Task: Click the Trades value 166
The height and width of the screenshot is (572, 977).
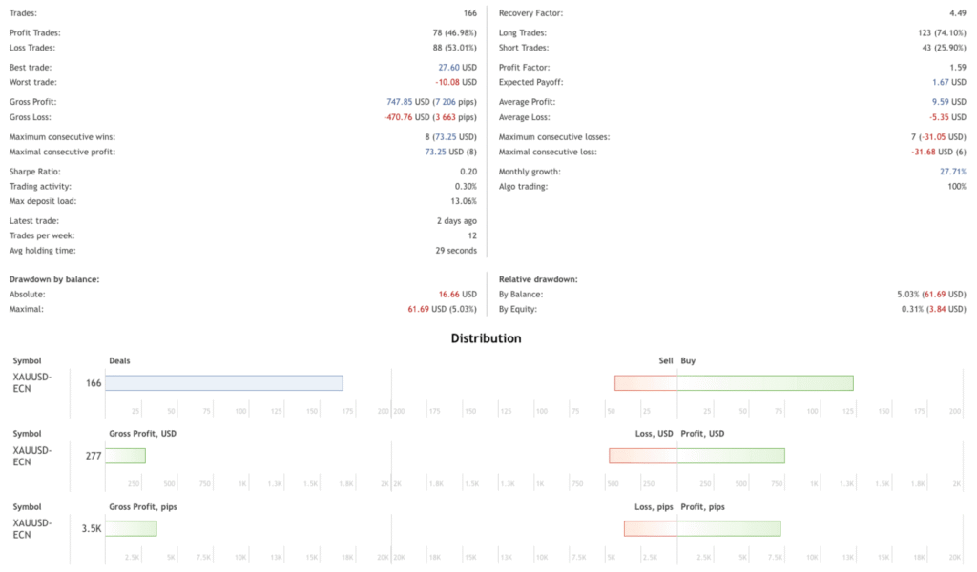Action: click(x=468, y=13)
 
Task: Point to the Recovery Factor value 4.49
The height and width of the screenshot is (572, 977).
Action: click(x=957, y=13)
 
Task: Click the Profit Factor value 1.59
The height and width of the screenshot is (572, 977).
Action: click(x=957, y=68)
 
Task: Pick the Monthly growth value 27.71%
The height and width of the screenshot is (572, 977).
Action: click(x=952, y=172)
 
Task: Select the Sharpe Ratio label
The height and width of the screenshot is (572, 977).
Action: click(x=35, y=172)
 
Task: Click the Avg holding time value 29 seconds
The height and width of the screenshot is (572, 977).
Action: click(x=456, y=251)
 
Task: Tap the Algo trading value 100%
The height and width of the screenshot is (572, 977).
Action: click(x=955, y=186)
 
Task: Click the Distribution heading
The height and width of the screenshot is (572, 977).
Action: click(x=487, y=338)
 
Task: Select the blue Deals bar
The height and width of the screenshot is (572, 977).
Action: click(x=223, y=382)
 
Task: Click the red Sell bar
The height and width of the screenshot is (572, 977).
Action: click(x=646, y=382)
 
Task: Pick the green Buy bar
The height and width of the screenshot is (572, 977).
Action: click(x=765, y=382)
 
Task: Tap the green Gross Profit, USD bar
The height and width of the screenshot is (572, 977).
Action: click(x=125, y=456)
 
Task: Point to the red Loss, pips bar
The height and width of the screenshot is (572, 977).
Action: click(x=651, y=528)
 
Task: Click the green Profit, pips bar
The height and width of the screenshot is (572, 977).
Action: click(x=729, y=528)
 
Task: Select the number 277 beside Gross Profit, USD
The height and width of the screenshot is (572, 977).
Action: click(x=93, y=456)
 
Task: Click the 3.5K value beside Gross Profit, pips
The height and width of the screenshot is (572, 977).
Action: click(x=92, y=528)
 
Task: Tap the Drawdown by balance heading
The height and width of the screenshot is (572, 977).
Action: click(x=54, y=279)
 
